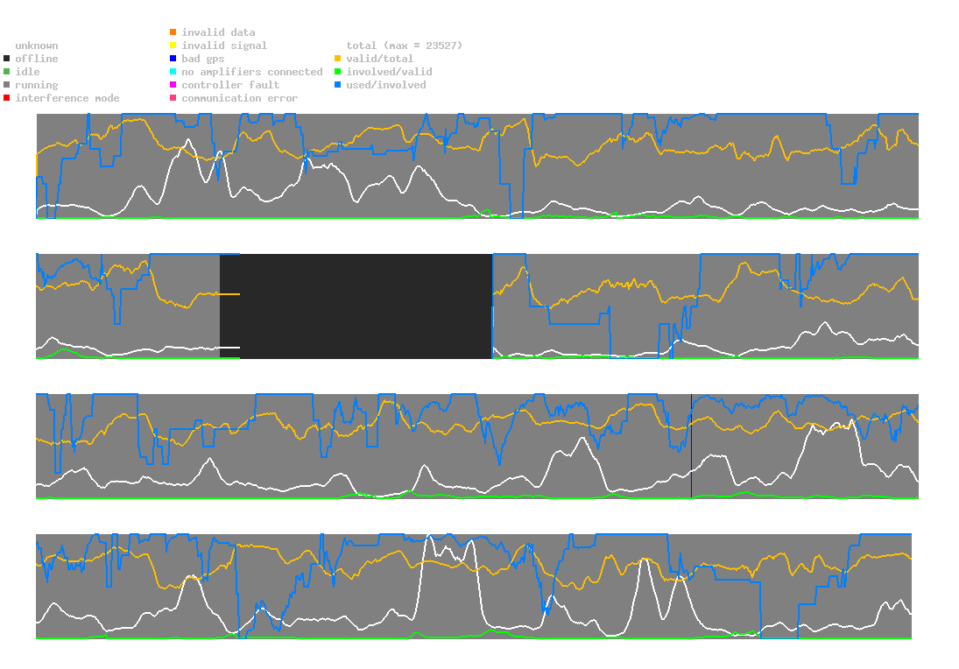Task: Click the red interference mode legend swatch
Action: coord(7,98)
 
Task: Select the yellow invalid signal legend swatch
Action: coord(173,46)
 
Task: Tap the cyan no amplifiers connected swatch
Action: coord(173,72)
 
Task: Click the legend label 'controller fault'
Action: coord(230,85)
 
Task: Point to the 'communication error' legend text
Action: coord(239,98)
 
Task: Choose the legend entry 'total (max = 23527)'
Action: coord(404,46)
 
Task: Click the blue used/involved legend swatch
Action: coord(338,85)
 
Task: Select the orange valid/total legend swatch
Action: coord(338,59)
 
